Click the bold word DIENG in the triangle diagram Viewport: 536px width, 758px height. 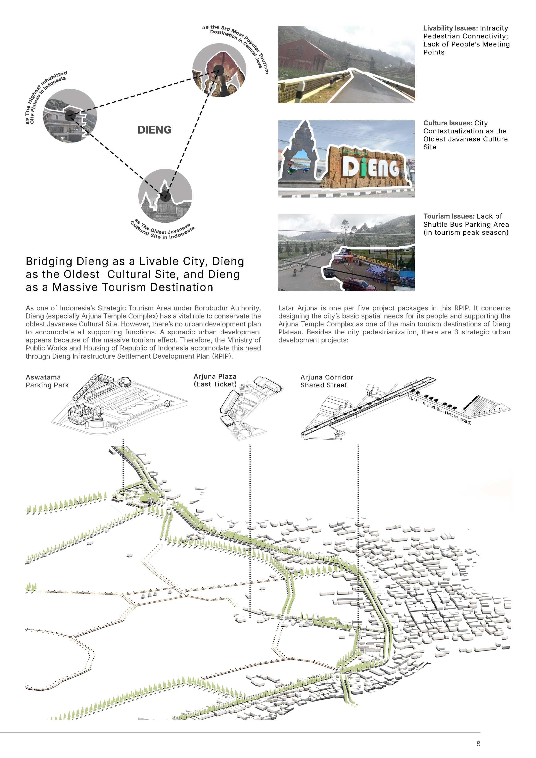[x=154, y=130]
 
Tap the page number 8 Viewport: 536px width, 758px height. [x=478, y=744]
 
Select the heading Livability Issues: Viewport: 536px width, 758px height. [x=451, y=28]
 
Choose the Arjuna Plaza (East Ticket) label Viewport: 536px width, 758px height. [x=215, y=380]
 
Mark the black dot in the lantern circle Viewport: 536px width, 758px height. [x=218, y=70]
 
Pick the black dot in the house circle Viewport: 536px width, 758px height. [x=70, y=116]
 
